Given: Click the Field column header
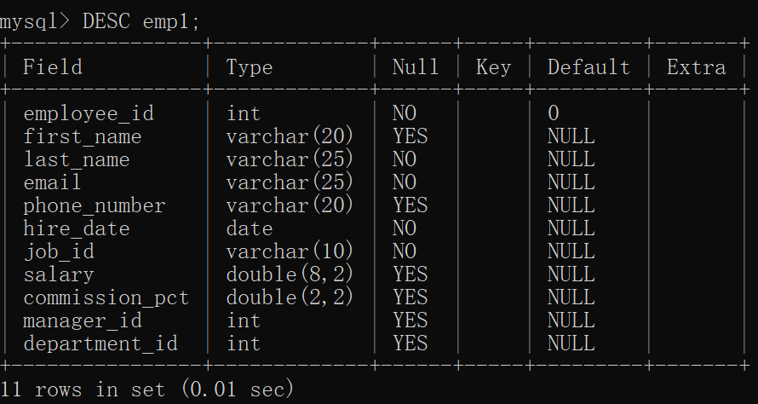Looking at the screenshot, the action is (x=53, y=67).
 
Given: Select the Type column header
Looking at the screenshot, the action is (x=250, y=67).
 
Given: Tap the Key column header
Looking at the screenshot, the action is (x=494, y=67).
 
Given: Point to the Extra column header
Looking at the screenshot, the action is (x=696, y=67).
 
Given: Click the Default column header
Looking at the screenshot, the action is (x=589, y=67).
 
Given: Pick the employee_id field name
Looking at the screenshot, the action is (x=89, y=113).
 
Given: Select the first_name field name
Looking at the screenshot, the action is (x=83, y=136).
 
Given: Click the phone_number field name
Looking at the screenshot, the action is (x=95, y=205).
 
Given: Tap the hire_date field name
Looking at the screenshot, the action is (x=77, y=228).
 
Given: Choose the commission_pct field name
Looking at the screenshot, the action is (x=106, y=297).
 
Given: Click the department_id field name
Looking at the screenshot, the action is (x=100, y=343).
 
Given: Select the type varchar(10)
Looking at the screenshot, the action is (x=290, y=251).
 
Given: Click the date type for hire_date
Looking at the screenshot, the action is (x=250, y=228).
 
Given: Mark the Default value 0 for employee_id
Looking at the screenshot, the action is (x=554, y=113).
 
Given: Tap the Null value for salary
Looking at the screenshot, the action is (x=410, y=274).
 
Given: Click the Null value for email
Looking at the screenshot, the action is (x=405, y=182).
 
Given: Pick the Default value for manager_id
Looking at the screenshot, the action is (x=571, y=320).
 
